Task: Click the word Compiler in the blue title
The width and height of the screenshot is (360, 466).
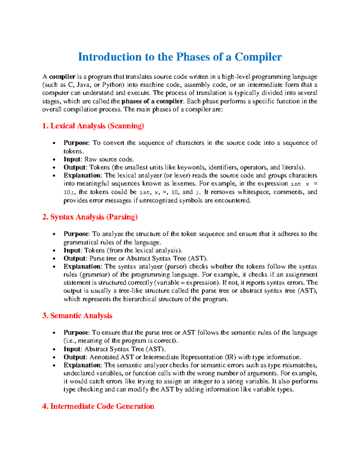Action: coord(258,57)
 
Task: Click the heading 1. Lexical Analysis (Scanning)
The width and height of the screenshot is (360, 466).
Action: coord(93,126)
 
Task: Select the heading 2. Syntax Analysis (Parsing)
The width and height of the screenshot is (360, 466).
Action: coord(90,217)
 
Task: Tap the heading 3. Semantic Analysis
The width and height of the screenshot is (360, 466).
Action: coord(77,316)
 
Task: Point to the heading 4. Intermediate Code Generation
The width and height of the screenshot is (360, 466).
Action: coord(98,406)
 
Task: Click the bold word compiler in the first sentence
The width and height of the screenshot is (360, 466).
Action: coord(62,77)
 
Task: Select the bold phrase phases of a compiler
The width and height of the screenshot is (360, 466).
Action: coord(152,101)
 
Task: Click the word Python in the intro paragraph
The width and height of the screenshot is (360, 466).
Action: coord(113,85)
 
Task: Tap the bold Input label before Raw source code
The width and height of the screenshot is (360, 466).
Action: coord(72,159)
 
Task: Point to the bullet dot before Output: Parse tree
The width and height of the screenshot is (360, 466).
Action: coord(54,259)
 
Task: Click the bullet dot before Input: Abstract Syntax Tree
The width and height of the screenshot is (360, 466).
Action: coord(54,349)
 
